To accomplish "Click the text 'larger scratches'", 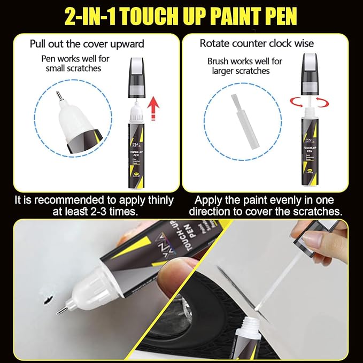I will pyautogui.click(x=241, y=71).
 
